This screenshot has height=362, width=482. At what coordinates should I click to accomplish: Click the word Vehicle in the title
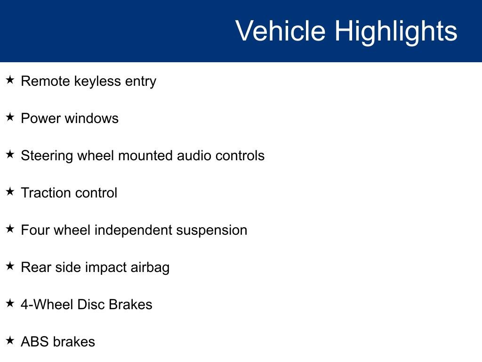[281, 31]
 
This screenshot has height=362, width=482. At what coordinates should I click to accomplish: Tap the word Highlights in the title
[396, 33]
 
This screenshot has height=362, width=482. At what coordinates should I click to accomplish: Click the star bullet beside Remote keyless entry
[10, 80]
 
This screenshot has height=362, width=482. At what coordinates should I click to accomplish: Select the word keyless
[97, 82]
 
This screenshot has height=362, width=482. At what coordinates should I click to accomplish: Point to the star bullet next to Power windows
[10, 117]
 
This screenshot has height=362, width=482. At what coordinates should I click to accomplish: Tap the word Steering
[47, 156]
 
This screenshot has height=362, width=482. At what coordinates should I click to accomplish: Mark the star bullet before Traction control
[10, 191]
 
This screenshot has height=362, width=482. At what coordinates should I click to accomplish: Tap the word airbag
[150, 268]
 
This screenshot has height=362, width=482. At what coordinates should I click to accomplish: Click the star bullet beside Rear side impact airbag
[10, 266]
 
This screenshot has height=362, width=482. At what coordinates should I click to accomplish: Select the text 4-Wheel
[47, 304]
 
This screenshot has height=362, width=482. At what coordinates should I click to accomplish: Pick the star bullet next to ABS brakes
[10, 340]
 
